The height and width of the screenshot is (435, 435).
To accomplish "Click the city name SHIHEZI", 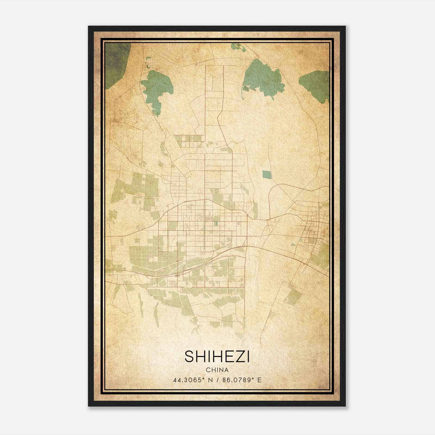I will pos(217,357).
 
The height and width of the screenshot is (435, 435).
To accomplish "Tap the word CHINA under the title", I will pos(217,370).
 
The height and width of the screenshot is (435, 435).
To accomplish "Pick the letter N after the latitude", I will pos(210,380).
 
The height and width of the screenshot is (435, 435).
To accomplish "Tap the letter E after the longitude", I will pos(259,380).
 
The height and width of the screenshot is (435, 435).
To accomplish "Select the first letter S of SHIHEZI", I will pos(189,357).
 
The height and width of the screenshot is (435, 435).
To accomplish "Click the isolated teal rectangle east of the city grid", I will pos(267,174).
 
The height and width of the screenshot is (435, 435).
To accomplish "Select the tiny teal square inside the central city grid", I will pos(216,224).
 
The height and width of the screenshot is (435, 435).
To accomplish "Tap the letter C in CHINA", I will pos(208,370).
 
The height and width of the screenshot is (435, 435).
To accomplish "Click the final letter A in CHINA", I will pos(226,370).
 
